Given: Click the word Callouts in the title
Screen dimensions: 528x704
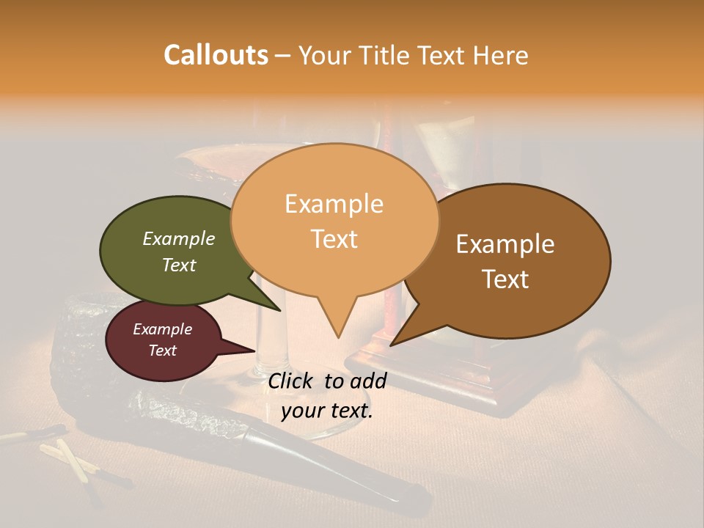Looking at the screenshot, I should (x=216, y=55).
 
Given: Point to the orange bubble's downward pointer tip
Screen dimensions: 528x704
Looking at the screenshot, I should (x=337, y=336).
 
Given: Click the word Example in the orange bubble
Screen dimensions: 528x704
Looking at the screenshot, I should (x=334, y=204).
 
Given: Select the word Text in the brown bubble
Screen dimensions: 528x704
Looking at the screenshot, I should (x=506, y=279).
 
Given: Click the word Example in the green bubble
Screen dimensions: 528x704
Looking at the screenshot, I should (x=178, y=238).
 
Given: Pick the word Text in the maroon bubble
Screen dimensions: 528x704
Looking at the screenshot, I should (x=163, y=351).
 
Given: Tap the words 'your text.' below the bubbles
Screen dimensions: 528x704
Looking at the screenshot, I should (x=326, y=411).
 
